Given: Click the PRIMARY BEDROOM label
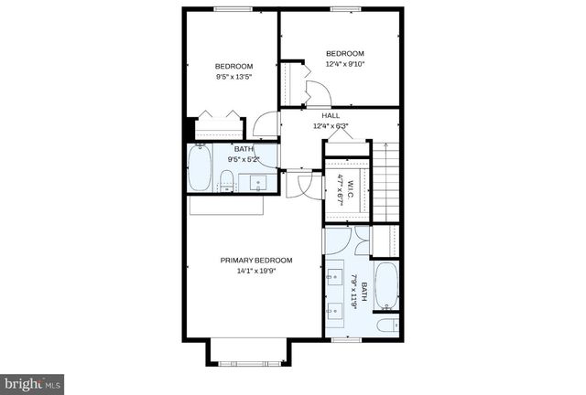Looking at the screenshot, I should [256, 260].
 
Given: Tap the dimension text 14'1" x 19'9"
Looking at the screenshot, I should [256, 271].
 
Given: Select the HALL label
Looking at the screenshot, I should [331, 115].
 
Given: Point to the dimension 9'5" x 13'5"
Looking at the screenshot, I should [233, 76].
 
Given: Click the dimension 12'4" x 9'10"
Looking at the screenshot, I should [344, 63].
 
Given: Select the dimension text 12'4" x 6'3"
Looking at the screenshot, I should [331, 126].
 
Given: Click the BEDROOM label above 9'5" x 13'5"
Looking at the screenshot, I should [233, 66].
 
